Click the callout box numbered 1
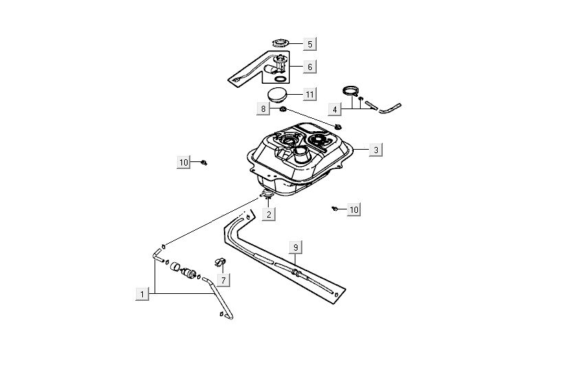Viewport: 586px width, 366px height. point(142,294)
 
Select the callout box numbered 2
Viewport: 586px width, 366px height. point(269,214)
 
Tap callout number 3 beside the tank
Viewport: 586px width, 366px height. point(375,149)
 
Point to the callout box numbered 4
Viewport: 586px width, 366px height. point(335,108)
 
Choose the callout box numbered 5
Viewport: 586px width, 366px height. point(310,44)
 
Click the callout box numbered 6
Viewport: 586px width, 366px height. point(310,67)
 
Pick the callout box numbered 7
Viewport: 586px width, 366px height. point(223,279)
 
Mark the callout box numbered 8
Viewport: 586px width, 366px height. point(263,108)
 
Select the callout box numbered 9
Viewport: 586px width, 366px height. point(295,247)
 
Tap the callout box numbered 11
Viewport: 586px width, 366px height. point(310,93)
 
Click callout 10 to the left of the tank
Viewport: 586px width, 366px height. point(183,162)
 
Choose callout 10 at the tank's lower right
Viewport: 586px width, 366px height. point(354,209)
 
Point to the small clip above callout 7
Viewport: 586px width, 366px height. point(221,262)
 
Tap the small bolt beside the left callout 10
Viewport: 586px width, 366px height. point(204,163)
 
